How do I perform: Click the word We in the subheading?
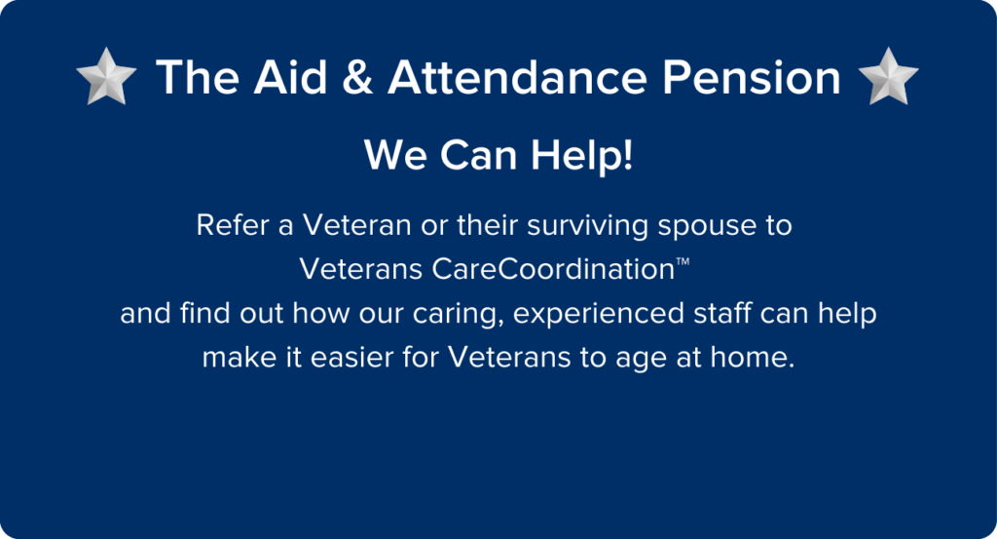click(x=391, y=156)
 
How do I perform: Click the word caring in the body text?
click(x=460, y=314)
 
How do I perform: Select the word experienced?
click(x=588, y=315)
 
